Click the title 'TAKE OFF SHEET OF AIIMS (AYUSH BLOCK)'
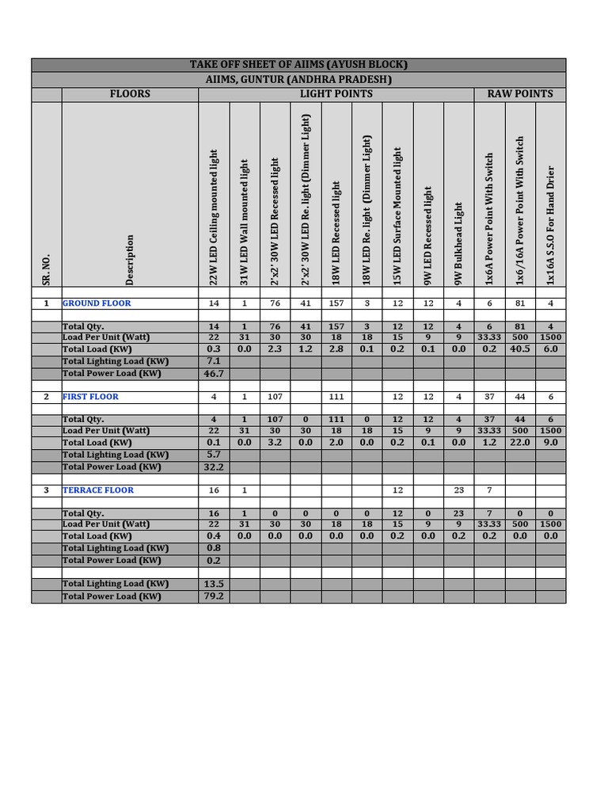[x=298, y=65]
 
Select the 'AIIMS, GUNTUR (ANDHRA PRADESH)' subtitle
[x=298, y=79]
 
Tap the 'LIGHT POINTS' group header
[x=336, y=93]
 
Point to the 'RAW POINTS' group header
[x=520, y=93]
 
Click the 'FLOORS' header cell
[x=130, y=93]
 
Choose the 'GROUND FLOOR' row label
[x=97, y=303]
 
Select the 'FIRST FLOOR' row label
[x=91, y=397]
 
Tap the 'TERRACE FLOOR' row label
[x=98, y=490]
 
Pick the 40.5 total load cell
[x=520, y=348]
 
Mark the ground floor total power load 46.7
[x=214, y=373]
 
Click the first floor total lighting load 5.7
[x=214, y=455]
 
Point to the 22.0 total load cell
[x=520, y=442]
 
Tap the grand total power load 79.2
[x=214, y=596]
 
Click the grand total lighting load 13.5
[x=214, y=584]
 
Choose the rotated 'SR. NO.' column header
[x=46, y=270]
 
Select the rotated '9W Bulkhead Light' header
[x=458, y=243]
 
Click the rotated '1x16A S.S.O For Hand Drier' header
[x=551, y=226]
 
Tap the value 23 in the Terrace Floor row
[x=458, y=490]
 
